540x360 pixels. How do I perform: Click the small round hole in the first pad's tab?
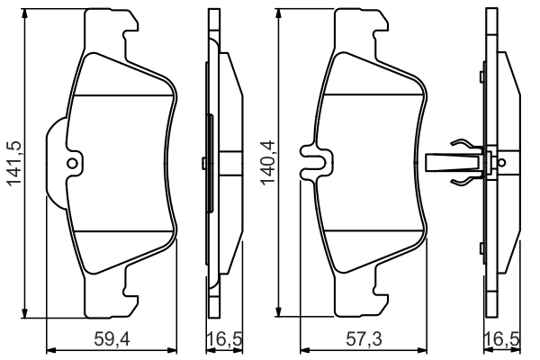pyautogui.click(x=73, y=163)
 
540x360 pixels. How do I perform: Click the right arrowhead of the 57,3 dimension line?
pyautogui.click(x=425, y=350)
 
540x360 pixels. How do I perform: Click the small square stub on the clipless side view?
pyautogui.click(x=205, y=163)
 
